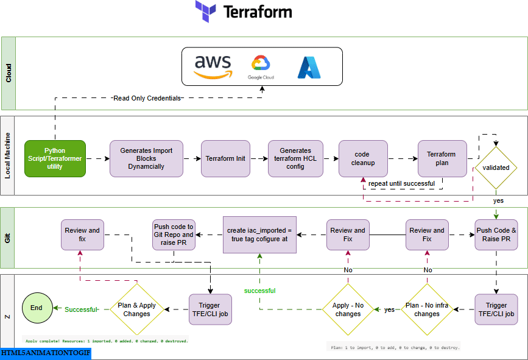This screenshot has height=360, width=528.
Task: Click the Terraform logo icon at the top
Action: (206, 12)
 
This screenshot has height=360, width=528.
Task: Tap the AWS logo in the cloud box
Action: (213, 67)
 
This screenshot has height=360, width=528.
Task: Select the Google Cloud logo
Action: (261, 67)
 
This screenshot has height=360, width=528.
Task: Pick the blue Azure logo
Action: (309, 68)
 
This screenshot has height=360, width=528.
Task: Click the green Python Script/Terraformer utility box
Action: (55, 158)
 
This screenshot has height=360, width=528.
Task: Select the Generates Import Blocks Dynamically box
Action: (146, 158)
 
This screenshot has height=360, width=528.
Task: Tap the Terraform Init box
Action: (225, 158)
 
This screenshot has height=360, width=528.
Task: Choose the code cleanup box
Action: (363, 158)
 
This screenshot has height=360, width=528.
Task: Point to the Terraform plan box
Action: (442, 158)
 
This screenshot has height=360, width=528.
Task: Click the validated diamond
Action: (496, 168)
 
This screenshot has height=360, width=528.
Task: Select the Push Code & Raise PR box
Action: (496, 235)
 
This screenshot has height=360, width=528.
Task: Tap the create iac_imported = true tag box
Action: (259, 235)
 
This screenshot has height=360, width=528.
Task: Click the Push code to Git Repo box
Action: (173, 235)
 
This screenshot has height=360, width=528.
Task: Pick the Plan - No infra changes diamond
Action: (427, 309)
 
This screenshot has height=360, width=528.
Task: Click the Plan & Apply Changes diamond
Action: (136, 309)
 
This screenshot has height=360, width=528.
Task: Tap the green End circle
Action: (37, 308)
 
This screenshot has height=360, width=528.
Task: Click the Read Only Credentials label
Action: (147, 97)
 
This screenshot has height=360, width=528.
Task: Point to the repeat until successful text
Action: (401, 183)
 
